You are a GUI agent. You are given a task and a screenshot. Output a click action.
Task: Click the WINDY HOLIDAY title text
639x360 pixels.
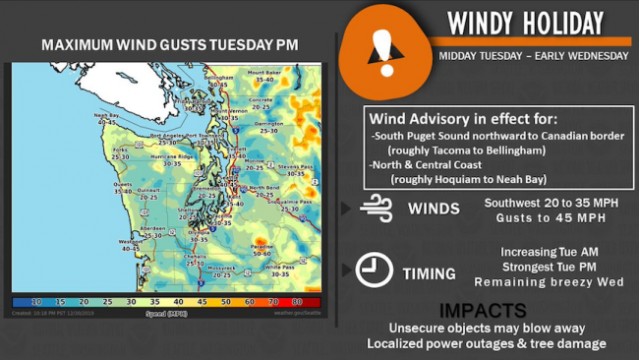pos(525,23)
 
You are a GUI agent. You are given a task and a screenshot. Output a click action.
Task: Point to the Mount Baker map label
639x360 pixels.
pos(263,73)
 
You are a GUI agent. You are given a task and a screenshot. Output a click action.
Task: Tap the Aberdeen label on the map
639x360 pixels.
pos(151,227)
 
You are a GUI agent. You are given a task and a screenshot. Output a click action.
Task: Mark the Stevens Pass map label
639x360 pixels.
pos(294,166)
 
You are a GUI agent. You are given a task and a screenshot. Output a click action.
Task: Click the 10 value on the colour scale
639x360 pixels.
pos(36,303)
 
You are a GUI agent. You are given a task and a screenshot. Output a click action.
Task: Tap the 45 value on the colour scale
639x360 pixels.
pos(202,303)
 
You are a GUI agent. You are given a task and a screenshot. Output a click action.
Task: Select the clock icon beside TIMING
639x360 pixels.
pos(375,270)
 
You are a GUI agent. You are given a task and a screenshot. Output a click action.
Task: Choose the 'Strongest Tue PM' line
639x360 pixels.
pos(549,266)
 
